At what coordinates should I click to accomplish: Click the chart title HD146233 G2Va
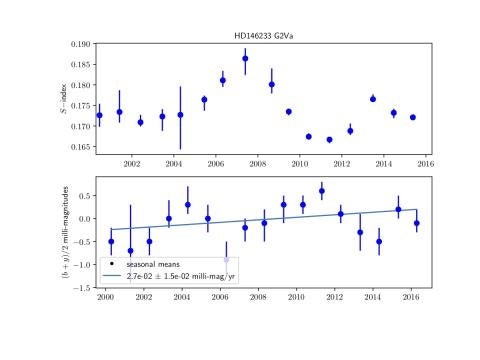262,37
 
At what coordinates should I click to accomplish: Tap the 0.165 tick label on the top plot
79,147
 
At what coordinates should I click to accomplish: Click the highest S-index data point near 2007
245,58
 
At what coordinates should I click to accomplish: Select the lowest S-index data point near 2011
329,139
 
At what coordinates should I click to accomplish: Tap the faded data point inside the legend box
226,259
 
